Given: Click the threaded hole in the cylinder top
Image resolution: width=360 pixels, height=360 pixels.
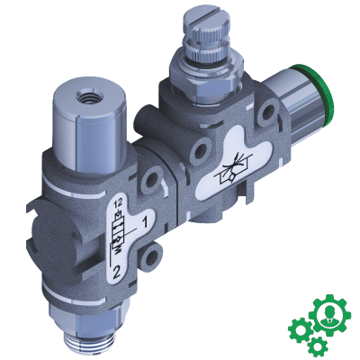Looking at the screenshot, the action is click(88, 97).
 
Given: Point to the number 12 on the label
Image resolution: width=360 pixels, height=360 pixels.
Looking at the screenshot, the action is click(119, 203).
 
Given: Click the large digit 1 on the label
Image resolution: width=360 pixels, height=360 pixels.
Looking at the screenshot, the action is click(145, 222).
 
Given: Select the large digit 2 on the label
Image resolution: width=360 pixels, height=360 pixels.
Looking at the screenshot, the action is click(116, 272).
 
